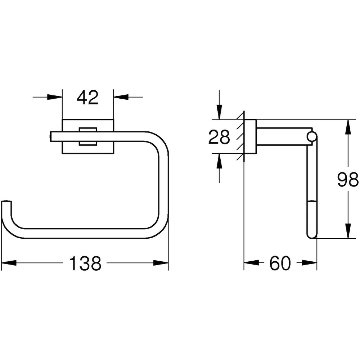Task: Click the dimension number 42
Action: coord(87,97)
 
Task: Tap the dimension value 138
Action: coord(85,264)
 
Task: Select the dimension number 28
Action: coord(219,137)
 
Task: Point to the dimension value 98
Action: coord(348,180)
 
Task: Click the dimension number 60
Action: coord(280,264)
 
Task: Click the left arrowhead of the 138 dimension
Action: coord(9,263)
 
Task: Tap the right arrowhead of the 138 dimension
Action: coord(161,263)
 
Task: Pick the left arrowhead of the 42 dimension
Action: coord(55,97)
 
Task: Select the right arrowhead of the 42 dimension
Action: coord(121,97)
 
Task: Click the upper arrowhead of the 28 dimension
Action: coord(220,112)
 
